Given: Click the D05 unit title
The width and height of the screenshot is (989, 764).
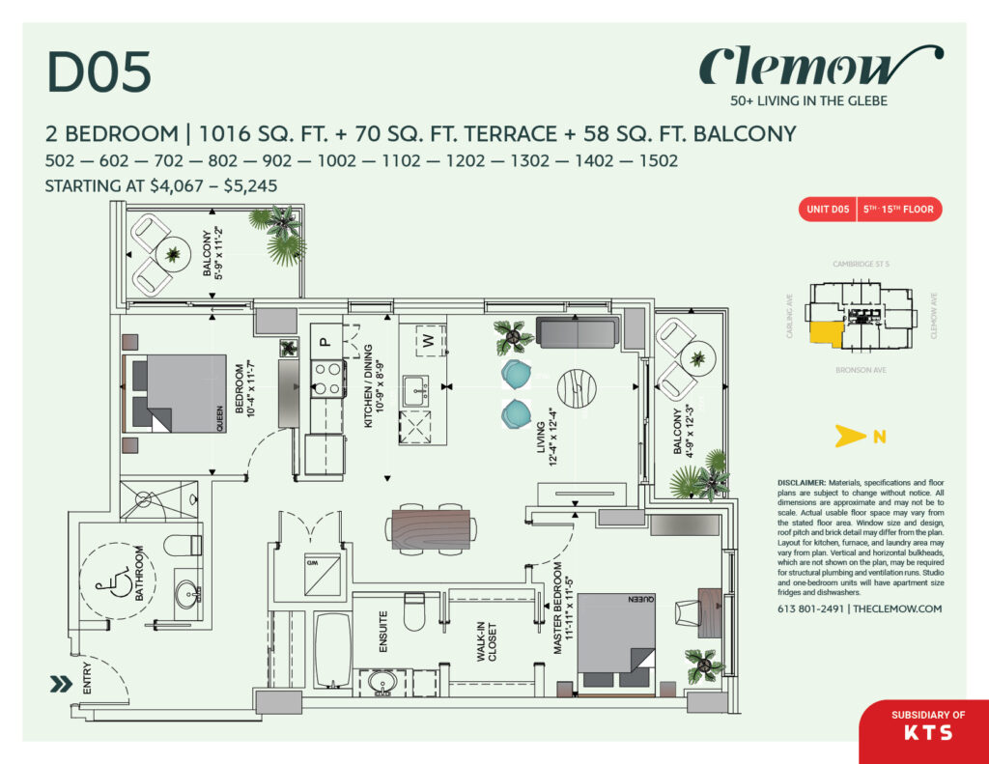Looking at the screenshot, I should (99, 73).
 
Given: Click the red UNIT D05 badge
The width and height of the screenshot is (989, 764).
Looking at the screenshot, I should (828, 209).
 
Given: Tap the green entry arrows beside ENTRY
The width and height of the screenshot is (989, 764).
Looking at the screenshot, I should (61, 685).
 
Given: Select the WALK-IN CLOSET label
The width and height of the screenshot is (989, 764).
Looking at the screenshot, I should (488, 642).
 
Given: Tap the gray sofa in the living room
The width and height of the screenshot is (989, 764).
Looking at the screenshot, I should (578, 334).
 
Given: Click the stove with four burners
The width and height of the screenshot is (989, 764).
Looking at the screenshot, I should (328, 378).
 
